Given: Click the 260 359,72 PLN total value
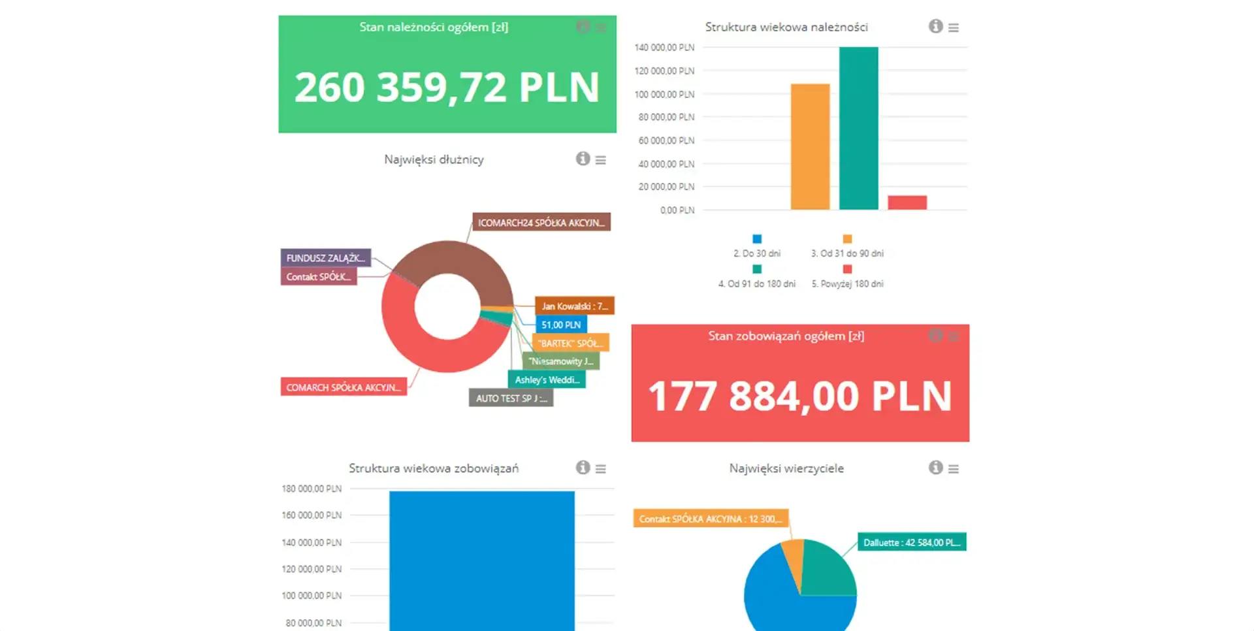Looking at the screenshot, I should [447, 88].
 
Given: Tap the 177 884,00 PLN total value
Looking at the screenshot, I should [799, 396].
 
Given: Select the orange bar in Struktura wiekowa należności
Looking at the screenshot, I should [810, 146].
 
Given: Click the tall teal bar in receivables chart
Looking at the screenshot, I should [858, 128].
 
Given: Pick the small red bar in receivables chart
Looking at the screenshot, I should [907, 202].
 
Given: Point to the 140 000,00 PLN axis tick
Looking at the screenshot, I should [664, 48].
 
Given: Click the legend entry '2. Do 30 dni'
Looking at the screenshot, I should [757, 253].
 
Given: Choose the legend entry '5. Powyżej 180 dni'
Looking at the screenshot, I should [847, 283].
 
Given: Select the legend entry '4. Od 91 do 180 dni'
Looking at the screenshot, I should [757, 283].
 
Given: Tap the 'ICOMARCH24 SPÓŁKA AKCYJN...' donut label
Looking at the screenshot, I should [541, 223].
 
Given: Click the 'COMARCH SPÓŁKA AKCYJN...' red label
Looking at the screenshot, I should [344, 387].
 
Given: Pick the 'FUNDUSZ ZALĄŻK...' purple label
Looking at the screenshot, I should [325, 258].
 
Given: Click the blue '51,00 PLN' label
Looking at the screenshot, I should [561, 325].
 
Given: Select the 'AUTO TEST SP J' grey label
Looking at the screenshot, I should [511, 398].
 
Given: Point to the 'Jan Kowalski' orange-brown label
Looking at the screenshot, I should [574, 306].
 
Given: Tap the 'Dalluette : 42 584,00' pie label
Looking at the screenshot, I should [911, 542].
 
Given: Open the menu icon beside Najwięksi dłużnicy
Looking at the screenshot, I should [601, 160].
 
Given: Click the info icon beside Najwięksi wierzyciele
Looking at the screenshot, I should [935, 468].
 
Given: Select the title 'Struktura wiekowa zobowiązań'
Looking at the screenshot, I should [434, 468].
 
